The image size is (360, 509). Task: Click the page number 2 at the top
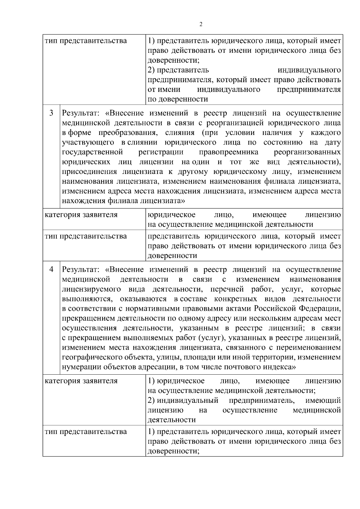pyautogui.click(x=201, y=24)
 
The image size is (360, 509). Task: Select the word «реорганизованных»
pyautogui.click(x=307, y=152)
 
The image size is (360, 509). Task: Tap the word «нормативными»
pyautogui.click(x=134, y=309)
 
